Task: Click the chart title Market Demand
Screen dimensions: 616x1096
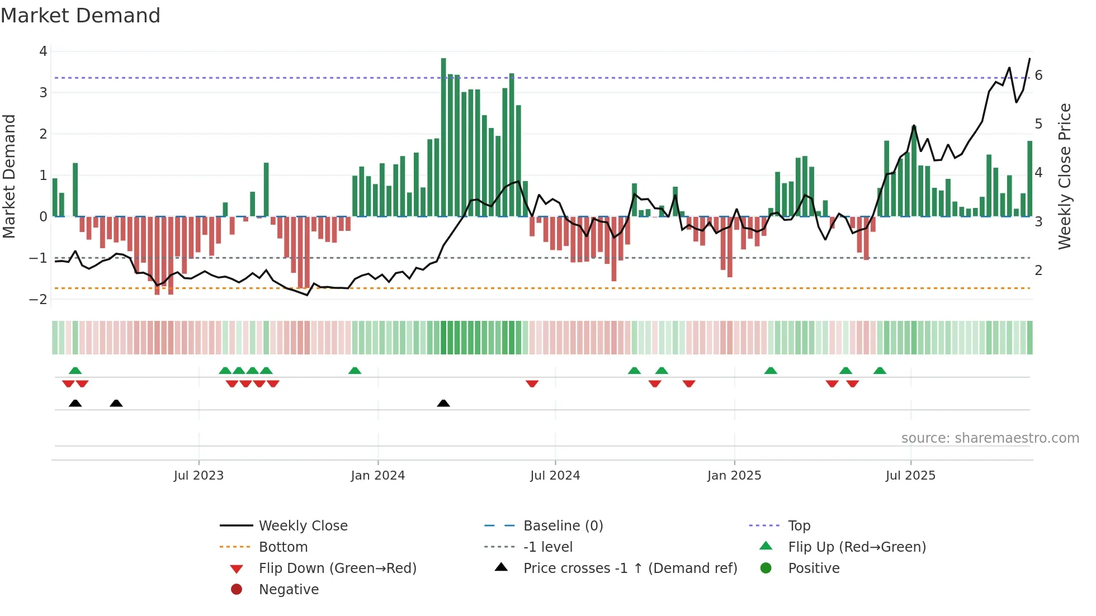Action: click(x=81, y=16)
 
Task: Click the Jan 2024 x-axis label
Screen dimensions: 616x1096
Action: click(x=377, y=476)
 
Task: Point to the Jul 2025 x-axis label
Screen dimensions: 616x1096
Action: click(x=910, y=476)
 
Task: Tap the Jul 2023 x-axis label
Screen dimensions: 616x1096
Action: click(x=199, y=476)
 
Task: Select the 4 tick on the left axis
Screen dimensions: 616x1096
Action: click(x=43, y=51)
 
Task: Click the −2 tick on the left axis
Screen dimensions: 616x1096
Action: click(x=39, y=299)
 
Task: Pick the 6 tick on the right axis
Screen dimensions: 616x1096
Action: click(x=1038, y=75)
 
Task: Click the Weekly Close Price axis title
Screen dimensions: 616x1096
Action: click(x=1065, y=176)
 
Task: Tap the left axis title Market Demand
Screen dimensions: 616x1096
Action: click(x=10, y=176)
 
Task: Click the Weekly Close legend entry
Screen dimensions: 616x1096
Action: click(x=303, y=526)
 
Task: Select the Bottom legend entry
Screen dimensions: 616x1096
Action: click(x=283, y=547)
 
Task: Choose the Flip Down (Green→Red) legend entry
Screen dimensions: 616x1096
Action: click(x=337, y=568)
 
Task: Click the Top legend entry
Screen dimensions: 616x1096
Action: click(x=799, y=526)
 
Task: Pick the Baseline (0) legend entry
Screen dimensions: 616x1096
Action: click(x=563, y=526)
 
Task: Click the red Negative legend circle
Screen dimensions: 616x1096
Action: click(x=237, y=590)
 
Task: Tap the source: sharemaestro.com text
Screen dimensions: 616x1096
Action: click(x=990, y=438)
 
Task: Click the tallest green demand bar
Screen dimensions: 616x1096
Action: click(x=443, y=137)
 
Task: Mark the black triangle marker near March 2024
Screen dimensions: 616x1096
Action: click(x=443, y=403)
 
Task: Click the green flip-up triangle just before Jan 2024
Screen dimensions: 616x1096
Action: click(x=355, y=371)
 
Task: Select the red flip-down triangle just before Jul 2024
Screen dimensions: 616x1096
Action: click(x=532, y=383)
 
